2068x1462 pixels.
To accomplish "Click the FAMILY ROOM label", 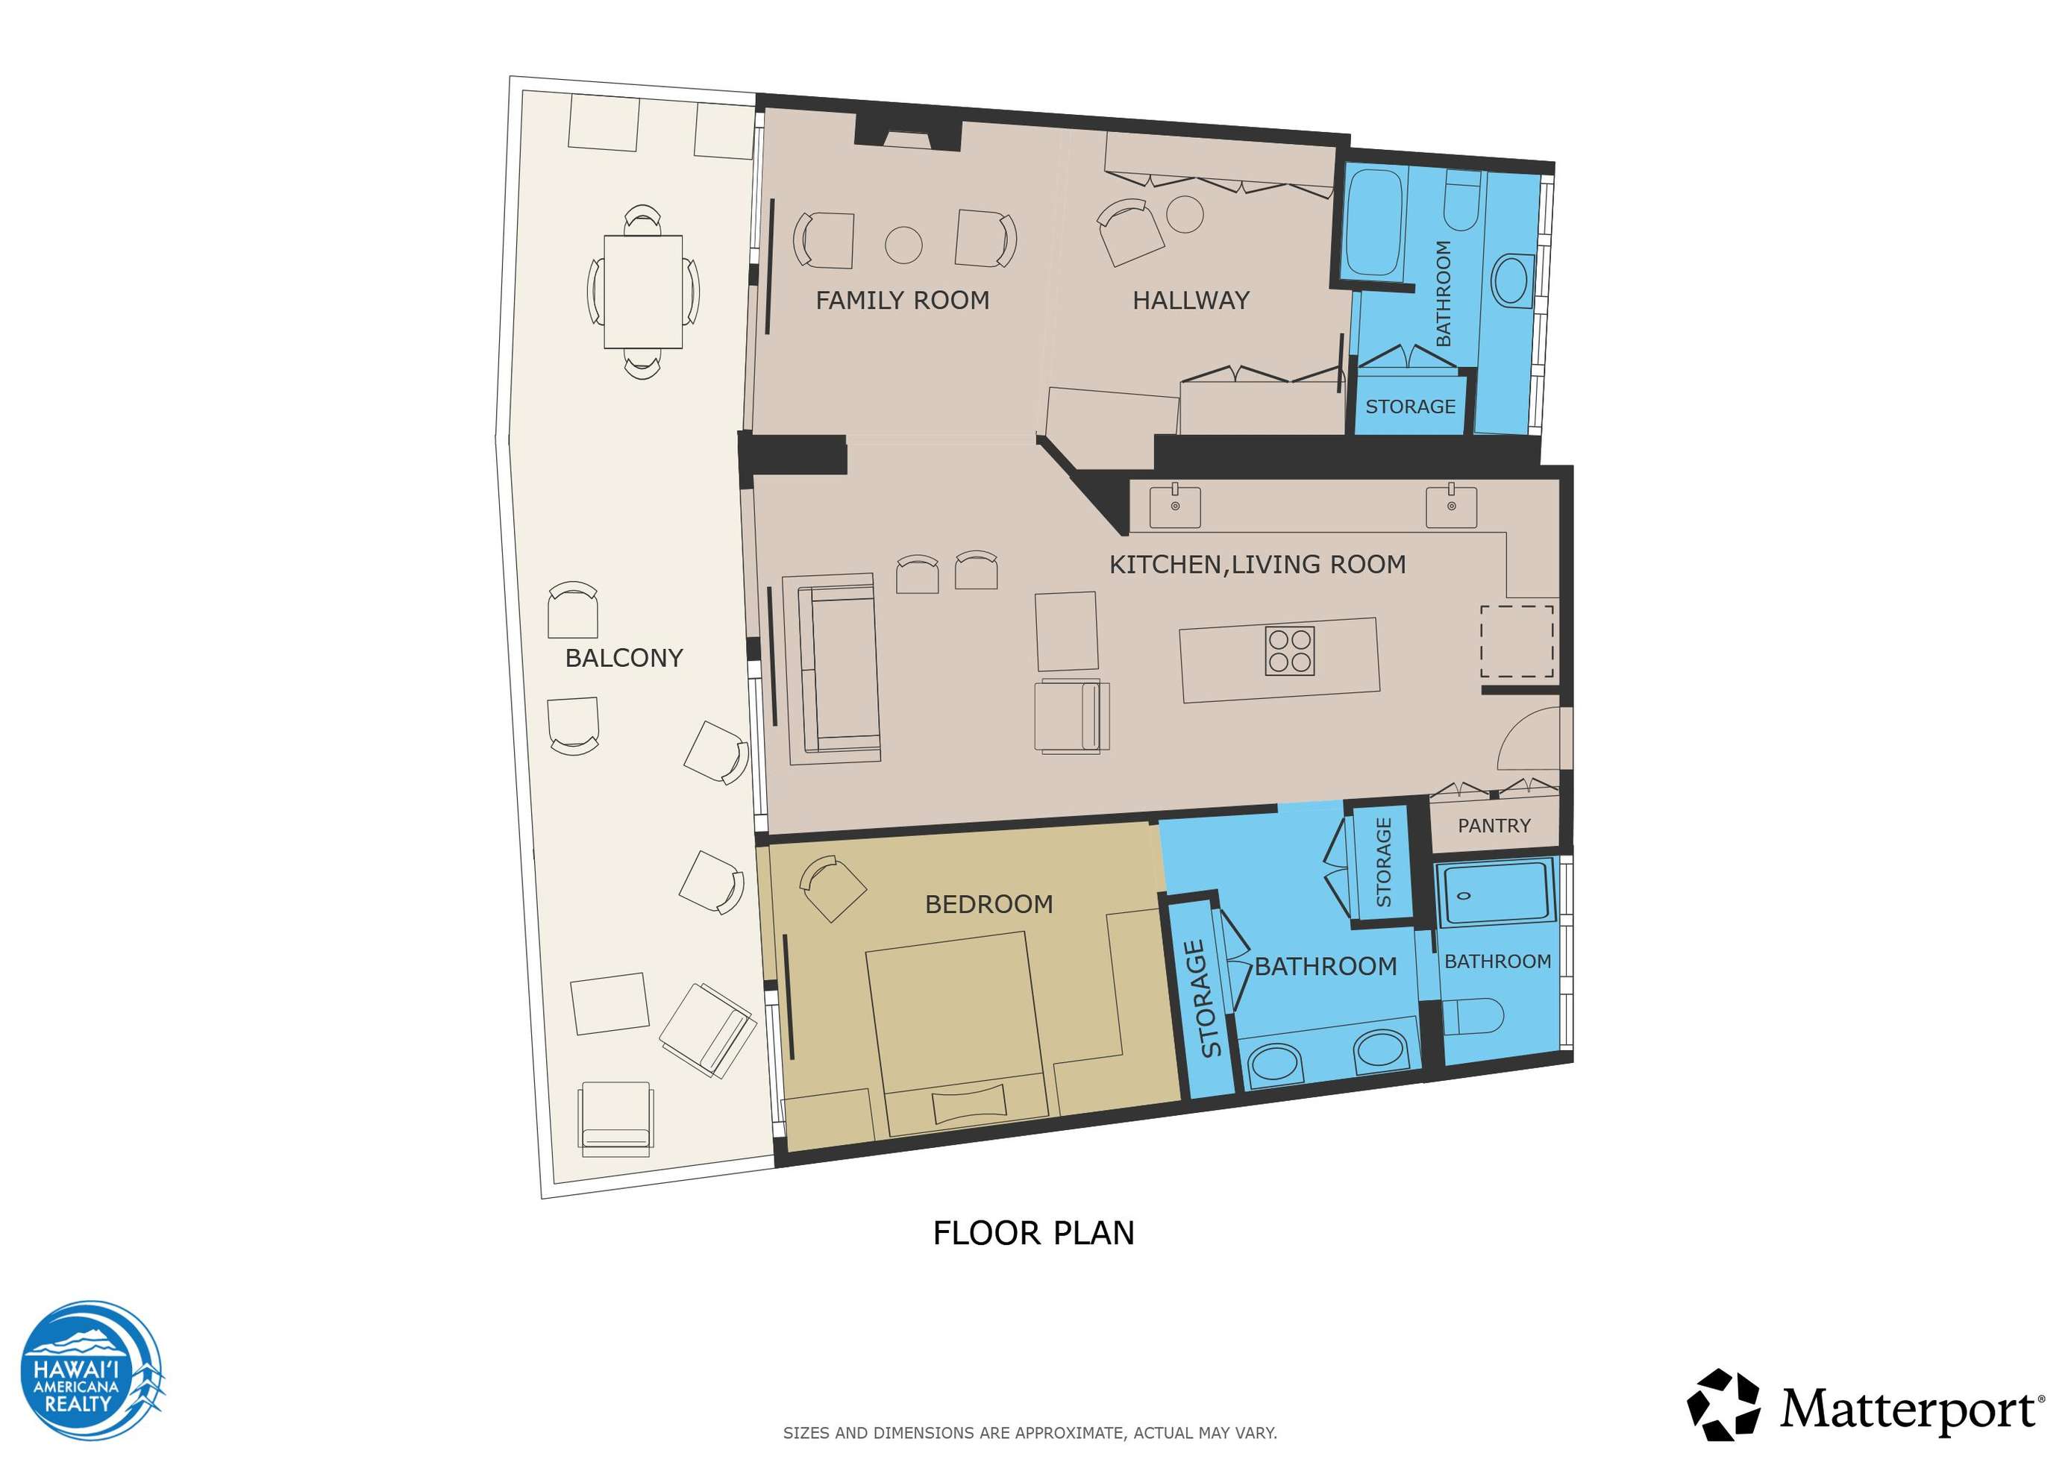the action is pos(902,300).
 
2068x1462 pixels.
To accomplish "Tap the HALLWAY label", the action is pos(1191,300).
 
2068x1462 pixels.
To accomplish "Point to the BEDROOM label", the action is pos(989,903).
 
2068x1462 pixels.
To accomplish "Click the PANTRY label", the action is pos(1494,825).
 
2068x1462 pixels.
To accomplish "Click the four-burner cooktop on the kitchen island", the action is pos(1290,650).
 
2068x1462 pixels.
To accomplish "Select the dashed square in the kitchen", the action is pos(1517,641).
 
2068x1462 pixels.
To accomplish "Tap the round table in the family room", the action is pos(903,244).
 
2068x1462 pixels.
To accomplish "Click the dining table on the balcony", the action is pos(643,291).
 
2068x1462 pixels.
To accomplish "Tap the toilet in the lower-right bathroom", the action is pos(1473,1017).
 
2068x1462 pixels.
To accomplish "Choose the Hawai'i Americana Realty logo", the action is pos(91,1370).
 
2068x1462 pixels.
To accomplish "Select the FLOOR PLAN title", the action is pos(1033,1233).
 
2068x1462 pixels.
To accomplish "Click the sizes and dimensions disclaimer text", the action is pos(1030,1432).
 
